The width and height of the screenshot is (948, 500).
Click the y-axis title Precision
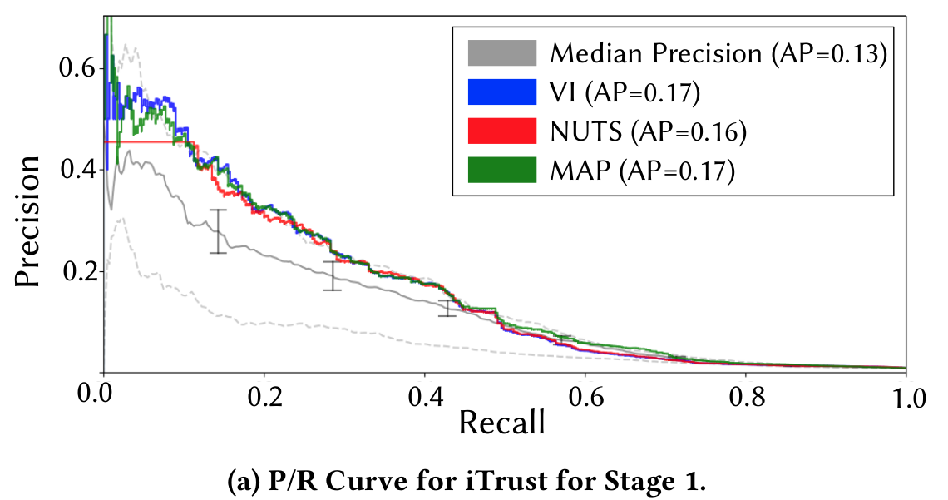pyautogui.click(x=27, y=220)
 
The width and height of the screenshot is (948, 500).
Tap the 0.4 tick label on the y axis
pyautogui.click(x=77, y=170)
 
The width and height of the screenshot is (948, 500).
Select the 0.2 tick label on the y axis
pyautogui.click(x=77, y=271)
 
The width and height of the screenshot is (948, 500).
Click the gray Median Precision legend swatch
pyautogui.click(x=501, y=54)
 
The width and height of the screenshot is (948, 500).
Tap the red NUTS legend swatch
pyautogui.click(x=501, y=131)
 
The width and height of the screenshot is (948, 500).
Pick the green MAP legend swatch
pyautogui.click(x=501, y=170)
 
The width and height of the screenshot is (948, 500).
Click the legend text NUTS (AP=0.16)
pyautogui.click(x=647, y=131)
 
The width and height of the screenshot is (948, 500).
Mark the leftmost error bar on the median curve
pyautogui.click(x=218, y=231)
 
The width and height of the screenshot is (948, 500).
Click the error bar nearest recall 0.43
pyautogui.click(x=447, y=308)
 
